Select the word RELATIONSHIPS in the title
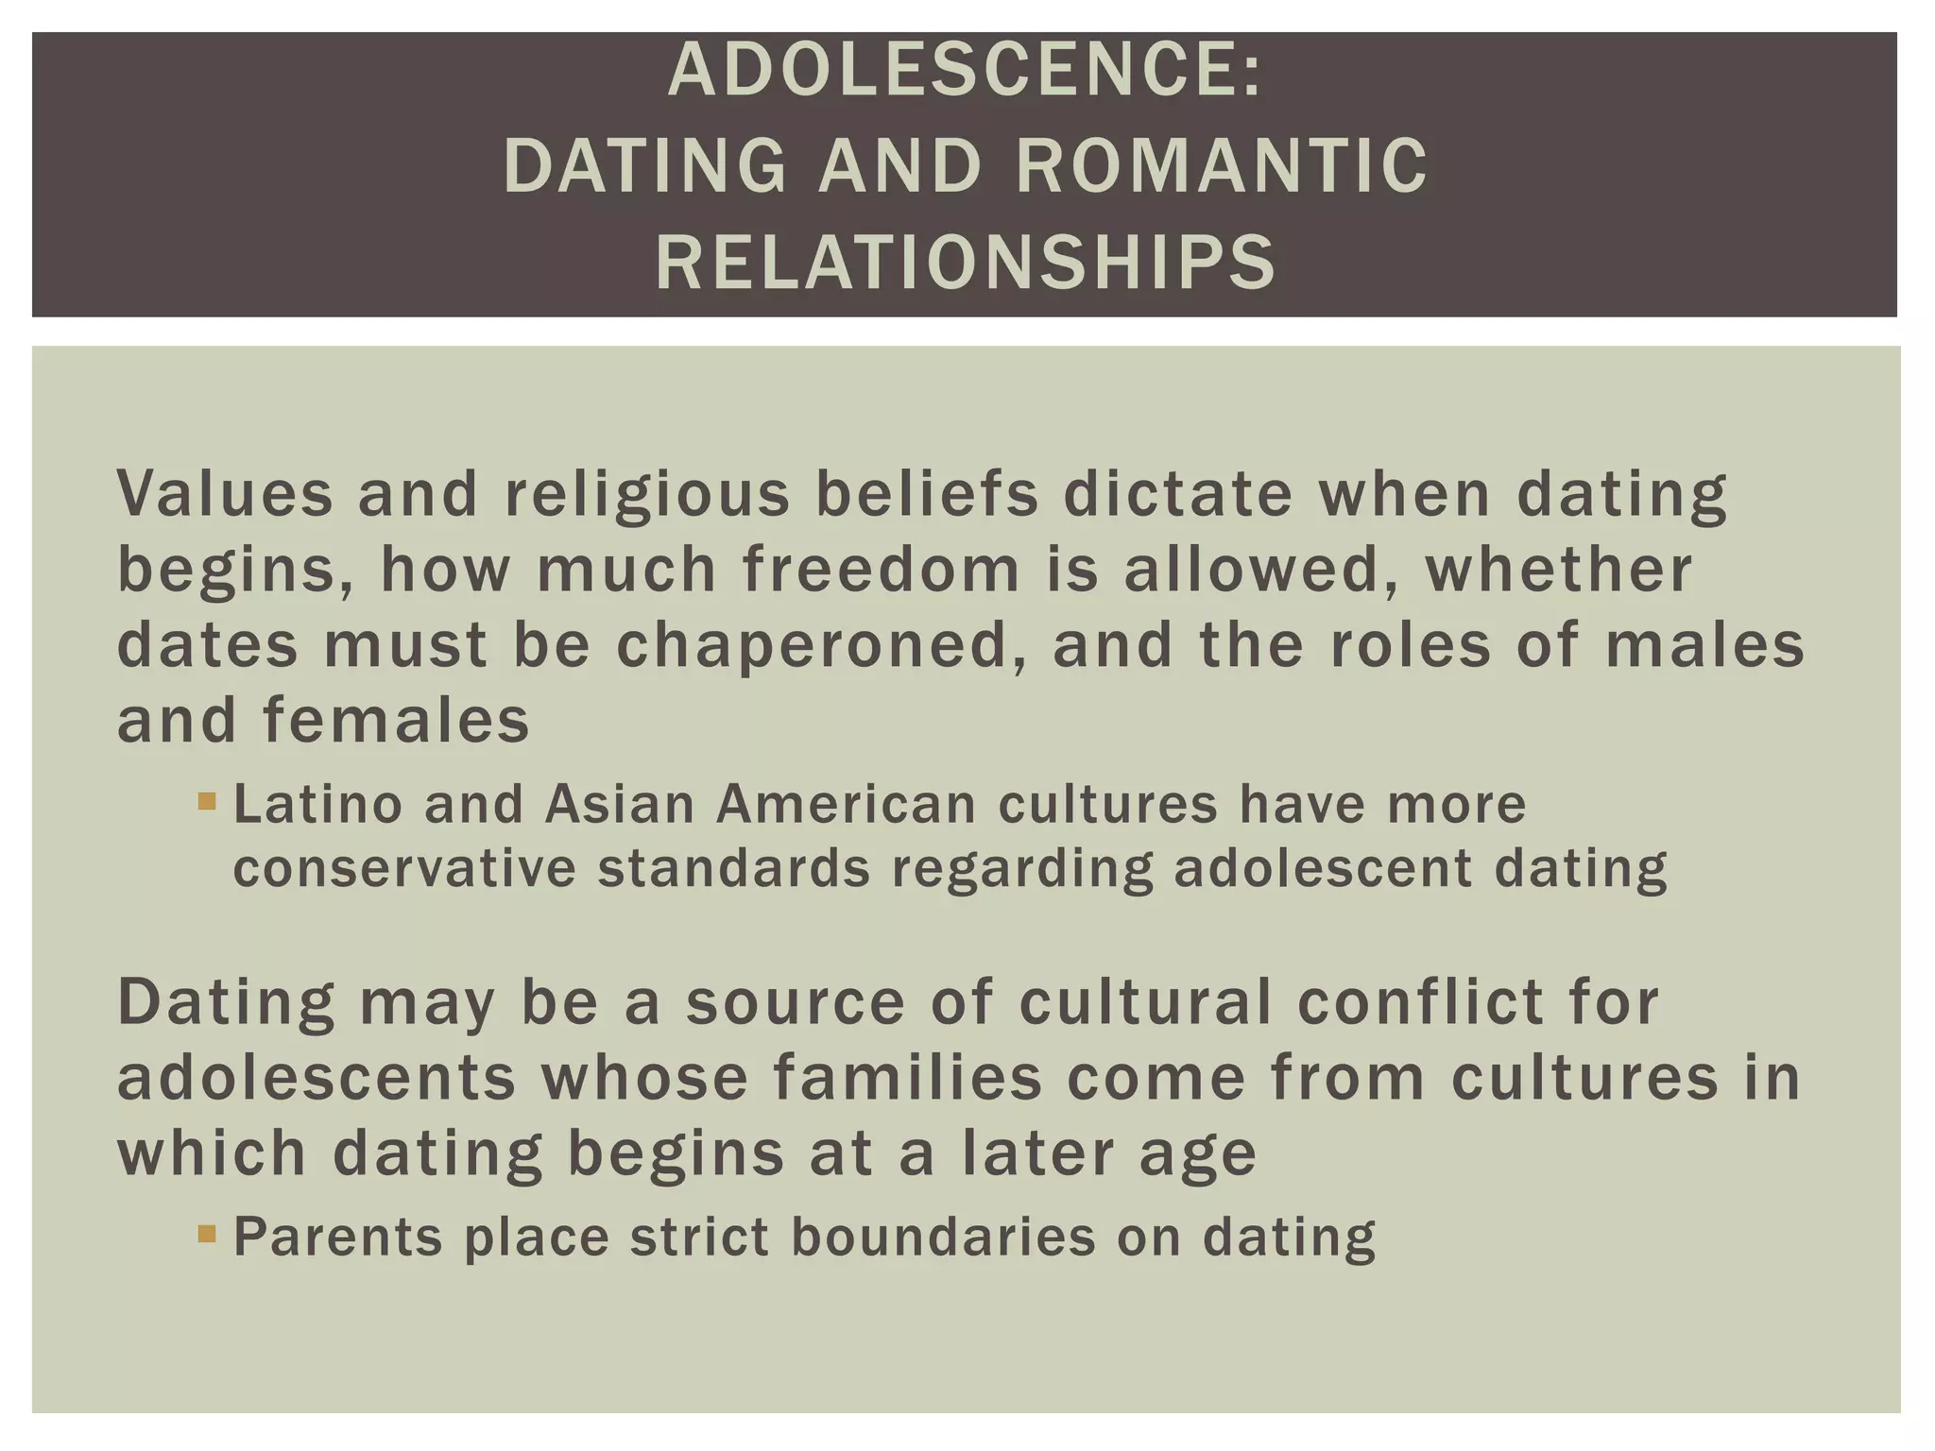click(966, 263)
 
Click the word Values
click(226, 493)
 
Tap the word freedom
click(882, 570)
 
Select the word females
click(396, 721)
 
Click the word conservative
click(404, 868)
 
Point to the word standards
click(734, 868)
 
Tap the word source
click(795, 1003)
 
